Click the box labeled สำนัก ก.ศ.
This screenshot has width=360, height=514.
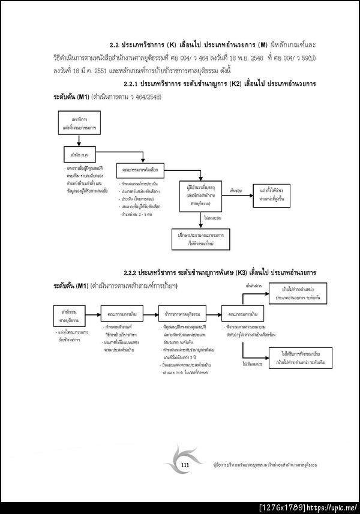[x=80, y=155]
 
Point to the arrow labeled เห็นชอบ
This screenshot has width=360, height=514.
[x=236, y=190]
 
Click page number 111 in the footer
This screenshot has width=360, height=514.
[x=185, y=465]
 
